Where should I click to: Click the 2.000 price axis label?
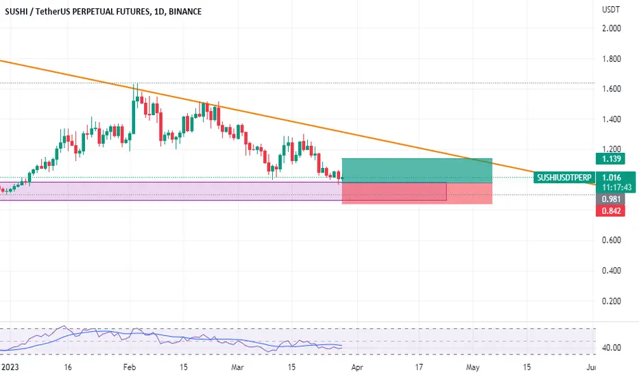pyautogui.click(x=612, y=28)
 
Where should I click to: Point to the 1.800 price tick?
pyautogui.click(x=612, y=59)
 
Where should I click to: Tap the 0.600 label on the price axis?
pyautogui.click(x=612, y=240)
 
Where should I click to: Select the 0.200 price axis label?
pyautogui.click(x=612, y=301)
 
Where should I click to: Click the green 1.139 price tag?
pyautogui.click(x=610, y=158)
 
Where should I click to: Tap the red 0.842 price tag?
pyautogui.click(x=610, y=210)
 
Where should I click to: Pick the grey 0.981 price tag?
pyautogui.click(x=610, y=199)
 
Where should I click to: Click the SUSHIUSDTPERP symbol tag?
pyautogui.click(x=564, y=178)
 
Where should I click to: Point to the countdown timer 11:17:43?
pyautogui.click(x=616, y=187)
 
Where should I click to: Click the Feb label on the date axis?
pyautogui.click(x=129, y=367)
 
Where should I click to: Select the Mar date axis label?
pyautogui.click(x=237, y=367)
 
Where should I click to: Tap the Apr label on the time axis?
pyautogui.click(x=357, y=367)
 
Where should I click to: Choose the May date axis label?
pyautogui.click(x=472, y=367)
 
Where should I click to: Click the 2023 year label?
pyautogui.click(x=10, y=367)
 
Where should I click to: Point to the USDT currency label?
pyautogui.click(x=611, y=10)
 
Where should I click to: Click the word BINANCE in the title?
pyautogui.click(x=184, y=12)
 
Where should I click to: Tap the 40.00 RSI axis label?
pyautogui.click(x=612, y=348)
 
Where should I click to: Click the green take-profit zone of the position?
pyautogui.click(x=417, y=171)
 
